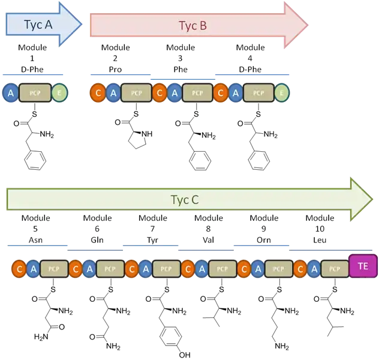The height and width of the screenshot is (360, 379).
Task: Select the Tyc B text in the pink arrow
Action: click(192, 26)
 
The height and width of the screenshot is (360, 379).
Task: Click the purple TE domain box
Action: click(362, 266)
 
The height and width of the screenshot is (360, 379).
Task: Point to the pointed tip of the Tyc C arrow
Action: click(371, 199)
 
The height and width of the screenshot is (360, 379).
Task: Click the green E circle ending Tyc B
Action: click(282, 92)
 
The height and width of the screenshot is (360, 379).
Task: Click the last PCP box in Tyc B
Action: click(258, 92)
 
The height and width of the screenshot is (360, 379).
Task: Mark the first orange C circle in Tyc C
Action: click(19, 269)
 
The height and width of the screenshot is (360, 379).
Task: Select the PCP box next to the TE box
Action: click(335, 269)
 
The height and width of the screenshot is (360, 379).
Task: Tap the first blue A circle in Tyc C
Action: click(33, 269)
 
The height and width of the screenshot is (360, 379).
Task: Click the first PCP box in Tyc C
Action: click(55, 269)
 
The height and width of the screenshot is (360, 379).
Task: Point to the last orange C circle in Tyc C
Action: click(301, 269)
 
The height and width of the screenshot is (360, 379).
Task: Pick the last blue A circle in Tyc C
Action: click(315, 269)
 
